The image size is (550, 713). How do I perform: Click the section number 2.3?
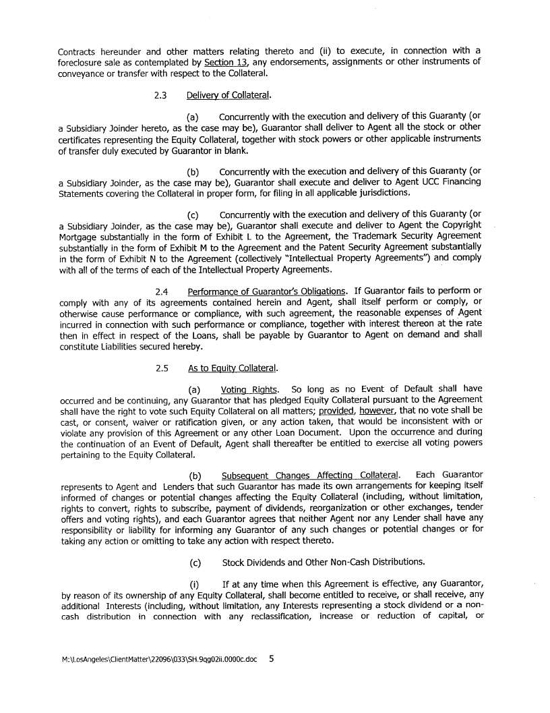point(160,95)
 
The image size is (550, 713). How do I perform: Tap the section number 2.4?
point(161,291)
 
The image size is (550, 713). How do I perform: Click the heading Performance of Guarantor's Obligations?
point(270,291)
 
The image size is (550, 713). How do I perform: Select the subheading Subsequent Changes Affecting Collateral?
point(310,476)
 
